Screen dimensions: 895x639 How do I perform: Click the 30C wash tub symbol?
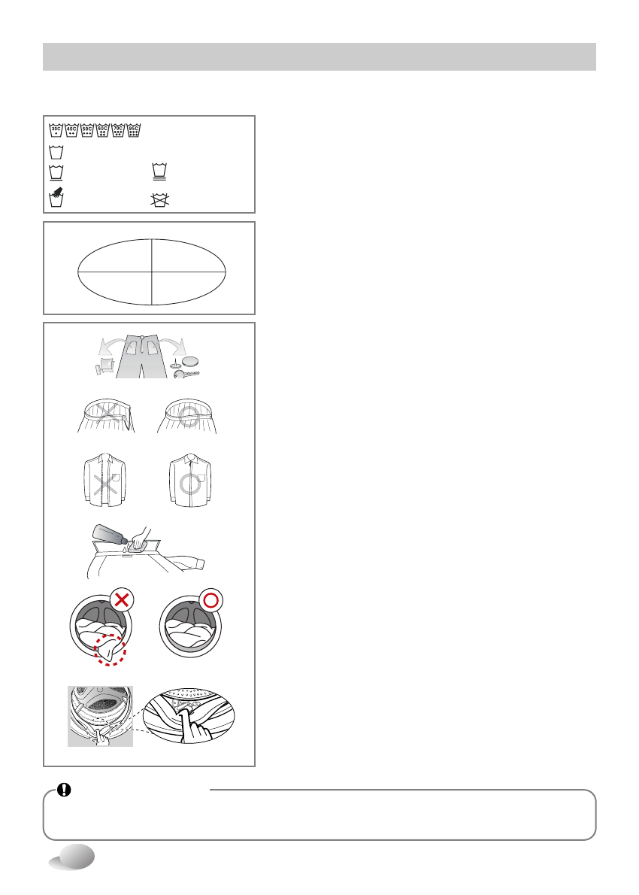coord(56,129)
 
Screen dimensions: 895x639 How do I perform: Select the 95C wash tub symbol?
coord(135,129)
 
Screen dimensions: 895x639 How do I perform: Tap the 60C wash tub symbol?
coord(103,129)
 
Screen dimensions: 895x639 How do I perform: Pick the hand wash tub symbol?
coord(56,199)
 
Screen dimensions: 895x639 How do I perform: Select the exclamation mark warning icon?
coord(65,790)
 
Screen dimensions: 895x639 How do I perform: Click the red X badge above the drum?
coord(121,599)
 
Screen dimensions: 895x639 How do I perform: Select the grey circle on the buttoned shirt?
coord(191,482)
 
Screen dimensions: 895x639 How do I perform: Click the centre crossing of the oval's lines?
coord(152,271)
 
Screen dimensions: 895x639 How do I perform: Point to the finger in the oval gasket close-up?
coord(199,722)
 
